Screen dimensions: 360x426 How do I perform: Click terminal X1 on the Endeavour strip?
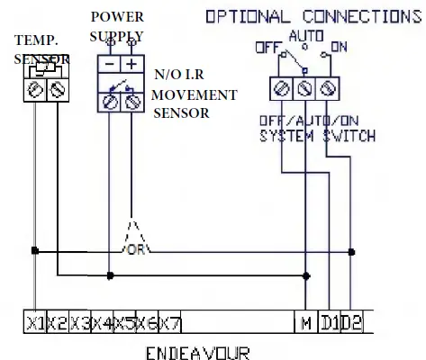coord(35,321)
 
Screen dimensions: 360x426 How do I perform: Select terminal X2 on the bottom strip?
coord(57,321)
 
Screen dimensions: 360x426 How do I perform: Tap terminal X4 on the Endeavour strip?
coord(101,321)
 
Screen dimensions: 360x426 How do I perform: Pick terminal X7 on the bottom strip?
coord(169,321)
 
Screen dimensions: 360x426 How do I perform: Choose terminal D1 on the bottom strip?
coord(331,321)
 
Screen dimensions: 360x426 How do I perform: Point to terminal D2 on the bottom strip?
coord(353,321)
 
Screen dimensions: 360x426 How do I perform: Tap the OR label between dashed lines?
coord(138,247)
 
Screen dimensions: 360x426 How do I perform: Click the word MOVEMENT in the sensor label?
coord(195,95)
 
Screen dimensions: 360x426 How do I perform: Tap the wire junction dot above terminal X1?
coord(35,250)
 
